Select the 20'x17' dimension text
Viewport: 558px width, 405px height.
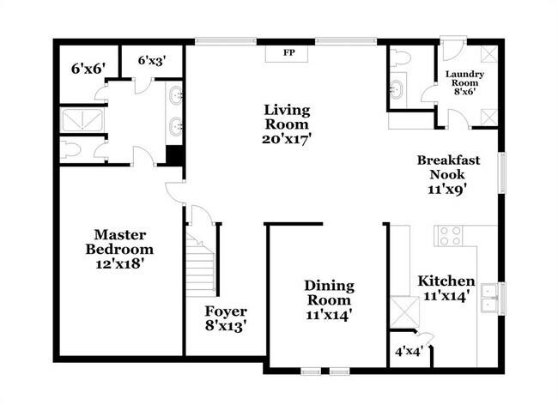[287, 137]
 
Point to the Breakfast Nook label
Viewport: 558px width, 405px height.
[448, 167]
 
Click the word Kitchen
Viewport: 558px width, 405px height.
[446, 281]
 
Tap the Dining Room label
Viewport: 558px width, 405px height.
[329, 293]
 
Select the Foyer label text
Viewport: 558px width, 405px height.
[226, 311]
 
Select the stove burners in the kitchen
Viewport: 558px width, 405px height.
[450, 235]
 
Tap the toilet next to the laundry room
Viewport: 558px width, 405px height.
[399, 59]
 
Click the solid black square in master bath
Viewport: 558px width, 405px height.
[175, 155]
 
